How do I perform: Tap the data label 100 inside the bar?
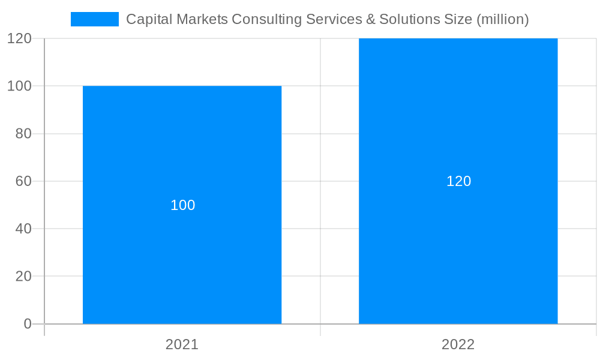[x=183, y=205]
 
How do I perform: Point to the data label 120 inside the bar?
[x=459, y=181]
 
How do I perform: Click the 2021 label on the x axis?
[x=182, y=344]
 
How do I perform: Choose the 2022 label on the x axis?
[x=458, y=344]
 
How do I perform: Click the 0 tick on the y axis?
[x=27, y=324]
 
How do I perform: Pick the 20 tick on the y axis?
[x=23, y=277]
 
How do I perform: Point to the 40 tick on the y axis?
[x=23, y=229]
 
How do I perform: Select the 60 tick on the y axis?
[x=23, y=181]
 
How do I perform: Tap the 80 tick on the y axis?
[x=23, y=134]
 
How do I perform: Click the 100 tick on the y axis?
[x=19, y=86]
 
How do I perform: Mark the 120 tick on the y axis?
[x=19, y=38]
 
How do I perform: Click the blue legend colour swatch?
[x=95, y=19]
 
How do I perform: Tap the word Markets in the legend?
[x=201, y=19]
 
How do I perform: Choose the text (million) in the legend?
[x=502, y=19]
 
